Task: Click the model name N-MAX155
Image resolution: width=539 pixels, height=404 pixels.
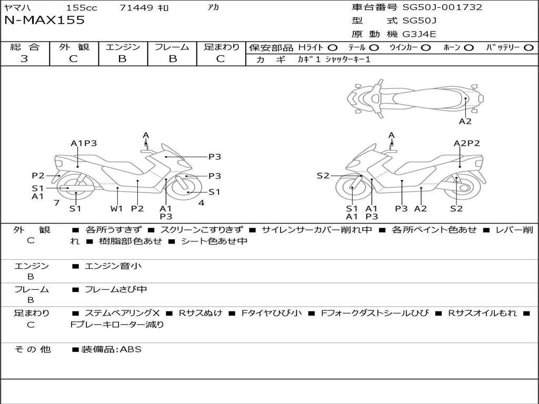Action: (45, 21)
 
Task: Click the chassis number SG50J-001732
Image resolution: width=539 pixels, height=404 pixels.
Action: (442, 7)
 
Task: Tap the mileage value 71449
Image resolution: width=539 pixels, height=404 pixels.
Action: (136, 8)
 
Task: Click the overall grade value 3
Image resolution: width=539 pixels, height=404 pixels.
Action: (24, 59)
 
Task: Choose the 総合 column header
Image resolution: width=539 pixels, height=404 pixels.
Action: (24, 47)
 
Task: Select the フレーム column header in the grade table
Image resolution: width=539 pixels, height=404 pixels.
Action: (172, 47)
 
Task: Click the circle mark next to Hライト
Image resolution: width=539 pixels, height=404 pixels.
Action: (333, 48)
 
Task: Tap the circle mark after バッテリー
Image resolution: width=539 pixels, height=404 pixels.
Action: (528, 48)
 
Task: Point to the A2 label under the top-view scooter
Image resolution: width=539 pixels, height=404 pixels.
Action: (465, 122)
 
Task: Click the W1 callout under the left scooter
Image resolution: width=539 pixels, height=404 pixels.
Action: (116, 208)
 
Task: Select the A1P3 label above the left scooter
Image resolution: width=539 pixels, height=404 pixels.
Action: (84, 143)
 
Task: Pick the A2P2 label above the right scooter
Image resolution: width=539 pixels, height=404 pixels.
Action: (467, 143)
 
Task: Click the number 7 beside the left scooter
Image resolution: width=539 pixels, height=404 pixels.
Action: (56, 203)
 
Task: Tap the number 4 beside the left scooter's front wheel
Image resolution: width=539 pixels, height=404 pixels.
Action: (201, 203)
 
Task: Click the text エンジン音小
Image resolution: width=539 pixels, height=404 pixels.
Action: (113, 266)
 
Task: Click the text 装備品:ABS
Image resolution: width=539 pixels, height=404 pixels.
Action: (111, 349)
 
